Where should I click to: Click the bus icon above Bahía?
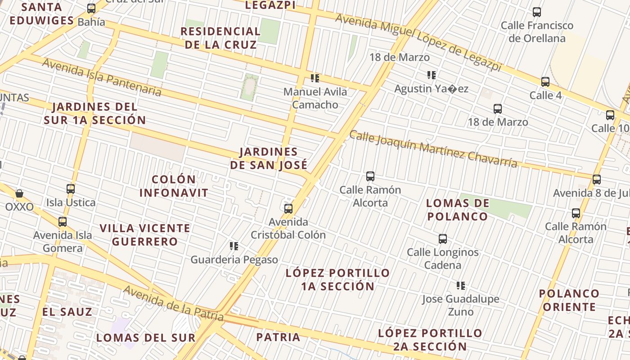click(91, 9)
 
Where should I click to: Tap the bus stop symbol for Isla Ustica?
click(71, 189)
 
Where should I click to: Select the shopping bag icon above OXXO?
click(19, 194)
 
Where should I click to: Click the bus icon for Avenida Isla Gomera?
click(63, 222)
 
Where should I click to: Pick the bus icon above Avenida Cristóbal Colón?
click(288, 209)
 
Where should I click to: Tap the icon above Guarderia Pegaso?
click(234, 246)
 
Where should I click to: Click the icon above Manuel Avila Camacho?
click(315, 78)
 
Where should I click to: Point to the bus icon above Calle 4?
click(545, 82)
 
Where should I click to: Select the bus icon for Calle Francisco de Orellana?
click(537, 12)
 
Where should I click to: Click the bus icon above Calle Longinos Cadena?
click(443, 239)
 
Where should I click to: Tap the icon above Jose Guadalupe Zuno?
click(461, 286)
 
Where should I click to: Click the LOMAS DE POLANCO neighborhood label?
click(458, 210)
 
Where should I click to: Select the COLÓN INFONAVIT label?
click(174, 186)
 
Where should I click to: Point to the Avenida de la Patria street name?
click(173, 303)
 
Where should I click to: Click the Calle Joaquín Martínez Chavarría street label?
click(433, 149)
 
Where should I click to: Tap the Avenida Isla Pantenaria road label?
click(102, 77)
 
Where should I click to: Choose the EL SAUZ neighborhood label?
click(67, 312)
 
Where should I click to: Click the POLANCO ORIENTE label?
click(569, 300)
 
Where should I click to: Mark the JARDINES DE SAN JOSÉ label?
click(269, 158)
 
